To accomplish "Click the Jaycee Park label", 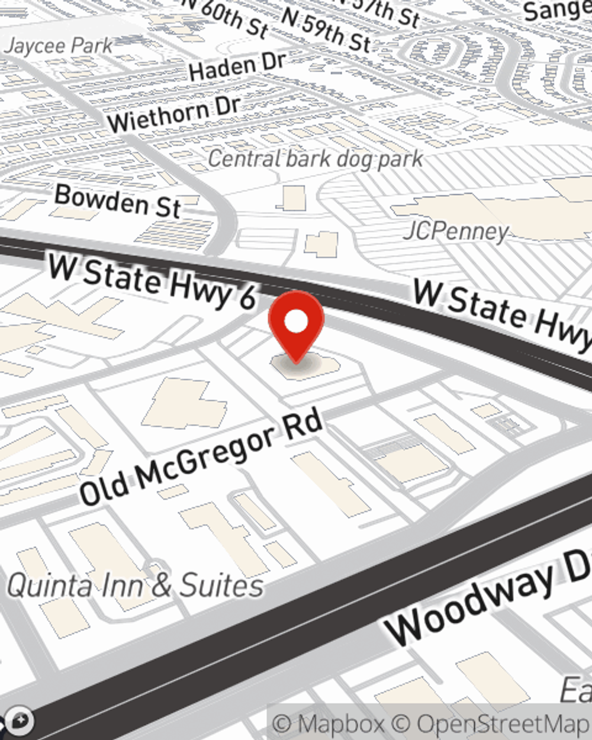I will [57, 46].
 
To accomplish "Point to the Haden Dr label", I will [237, 66].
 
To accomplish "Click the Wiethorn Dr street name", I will [174, 114].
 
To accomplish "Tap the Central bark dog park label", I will [316, 159].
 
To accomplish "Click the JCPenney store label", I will [456, 231].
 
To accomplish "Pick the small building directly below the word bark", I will [292, 198].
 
